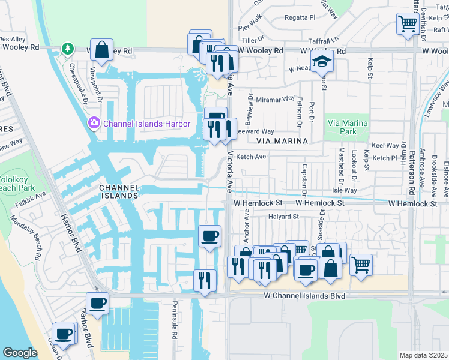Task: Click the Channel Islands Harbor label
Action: point(146,124)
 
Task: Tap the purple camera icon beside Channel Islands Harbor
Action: point(94,124)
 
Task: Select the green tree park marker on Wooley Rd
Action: point(68,49)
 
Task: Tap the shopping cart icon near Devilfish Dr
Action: point(408,25)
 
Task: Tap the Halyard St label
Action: point(283,217)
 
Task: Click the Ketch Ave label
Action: point(251,157)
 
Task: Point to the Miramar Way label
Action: point(276,98)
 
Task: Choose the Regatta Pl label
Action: point(300,18)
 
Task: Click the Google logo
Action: point(19,353)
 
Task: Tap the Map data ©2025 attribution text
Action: point(423,355)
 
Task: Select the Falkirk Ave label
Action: point(31,196)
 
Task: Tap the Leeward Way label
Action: point(255,131)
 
